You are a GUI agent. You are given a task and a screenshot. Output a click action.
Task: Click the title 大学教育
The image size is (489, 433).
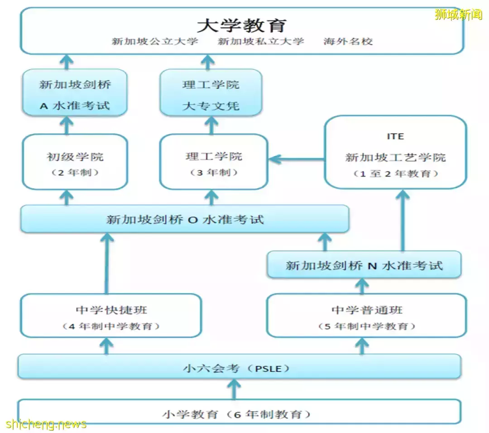click(x=242, y=25)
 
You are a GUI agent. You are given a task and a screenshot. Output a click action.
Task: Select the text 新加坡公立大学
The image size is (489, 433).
click(x=155, y=41)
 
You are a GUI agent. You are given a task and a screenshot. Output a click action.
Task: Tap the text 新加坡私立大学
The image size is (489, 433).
click(x=261, y=41)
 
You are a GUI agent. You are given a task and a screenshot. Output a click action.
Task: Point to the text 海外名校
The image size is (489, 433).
click(x=348, y=41)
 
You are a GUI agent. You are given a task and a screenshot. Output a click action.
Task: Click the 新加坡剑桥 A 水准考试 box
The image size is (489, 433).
click(x=75, y=93)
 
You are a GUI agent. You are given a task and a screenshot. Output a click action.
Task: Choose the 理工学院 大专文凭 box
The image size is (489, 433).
click(x=211, y=93)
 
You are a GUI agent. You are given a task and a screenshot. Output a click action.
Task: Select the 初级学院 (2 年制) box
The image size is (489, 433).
click(x=75, y=162)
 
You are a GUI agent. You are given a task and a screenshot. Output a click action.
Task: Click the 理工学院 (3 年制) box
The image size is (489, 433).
click(x=214, y=162)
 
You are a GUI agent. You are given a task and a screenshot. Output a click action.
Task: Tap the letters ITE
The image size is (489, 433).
click(x=395, y=136)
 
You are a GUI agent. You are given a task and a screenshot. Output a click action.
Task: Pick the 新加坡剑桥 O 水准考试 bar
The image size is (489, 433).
click(x=185, y=219)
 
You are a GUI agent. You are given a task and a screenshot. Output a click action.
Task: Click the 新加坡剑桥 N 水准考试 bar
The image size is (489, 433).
click(x=364, y=265)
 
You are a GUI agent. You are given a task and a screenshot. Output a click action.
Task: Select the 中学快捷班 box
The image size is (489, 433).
click(x=111, y=315)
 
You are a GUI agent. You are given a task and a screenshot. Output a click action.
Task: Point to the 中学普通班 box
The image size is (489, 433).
click(x=366, y=315)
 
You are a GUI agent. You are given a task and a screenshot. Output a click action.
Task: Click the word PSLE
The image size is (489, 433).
click(x=268, y=369)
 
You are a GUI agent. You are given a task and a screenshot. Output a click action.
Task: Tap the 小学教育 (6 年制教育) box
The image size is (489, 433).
click(x=239, y=411)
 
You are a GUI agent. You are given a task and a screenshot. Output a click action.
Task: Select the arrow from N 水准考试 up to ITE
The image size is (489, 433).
click(x=403, y=221)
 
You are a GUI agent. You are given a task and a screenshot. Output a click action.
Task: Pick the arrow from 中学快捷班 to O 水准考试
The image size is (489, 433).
click(x=107, y=264)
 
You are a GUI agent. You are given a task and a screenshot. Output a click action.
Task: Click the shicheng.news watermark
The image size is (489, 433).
click(x=46, y=424)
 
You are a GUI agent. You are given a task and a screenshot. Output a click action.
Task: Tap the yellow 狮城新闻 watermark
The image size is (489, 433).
click(x=458, y=14)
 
